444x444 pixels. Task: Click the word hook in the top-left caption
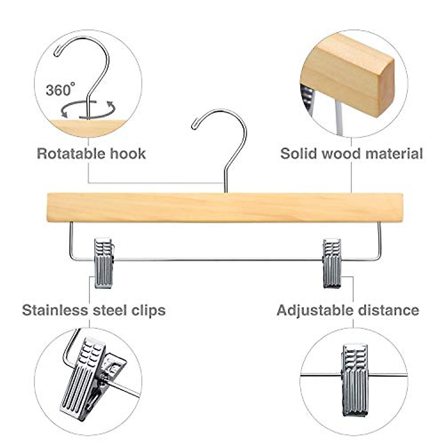click(x=131, y=154)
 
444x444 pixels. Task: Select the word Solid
click(x=299, y=153)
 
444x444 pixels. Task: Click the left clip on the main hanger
click(x=104, y=263)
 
